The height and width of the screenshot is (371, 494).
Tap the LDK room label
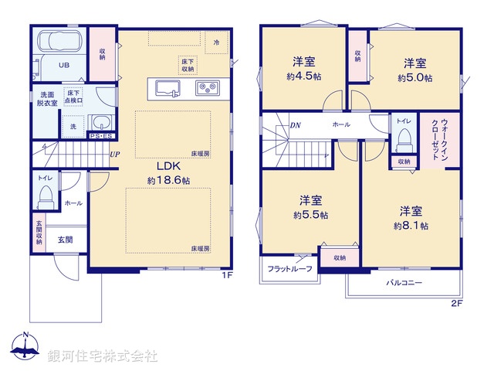coord(169,166)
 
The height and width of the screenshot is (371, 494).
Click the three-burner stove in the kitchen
coord(208,87)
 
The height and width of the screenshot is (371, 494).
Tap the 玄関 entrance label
coord(64,240)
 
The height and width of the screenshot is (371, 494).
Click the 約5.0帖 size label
coord(414,78)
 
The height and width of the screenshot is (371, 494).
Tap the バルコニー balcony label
coord(404,283)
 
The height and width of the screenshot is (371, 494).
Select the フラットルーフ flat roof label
coord(289,270)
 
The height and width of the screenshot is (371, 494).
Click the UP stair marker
coord(114,154)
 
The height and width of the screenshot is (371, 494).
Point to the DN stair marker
coord(296,125)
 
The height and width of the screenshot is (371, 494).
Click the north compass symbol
coord(25,349)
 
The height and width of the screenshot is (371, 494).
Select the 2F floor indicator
coord(456,303)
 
